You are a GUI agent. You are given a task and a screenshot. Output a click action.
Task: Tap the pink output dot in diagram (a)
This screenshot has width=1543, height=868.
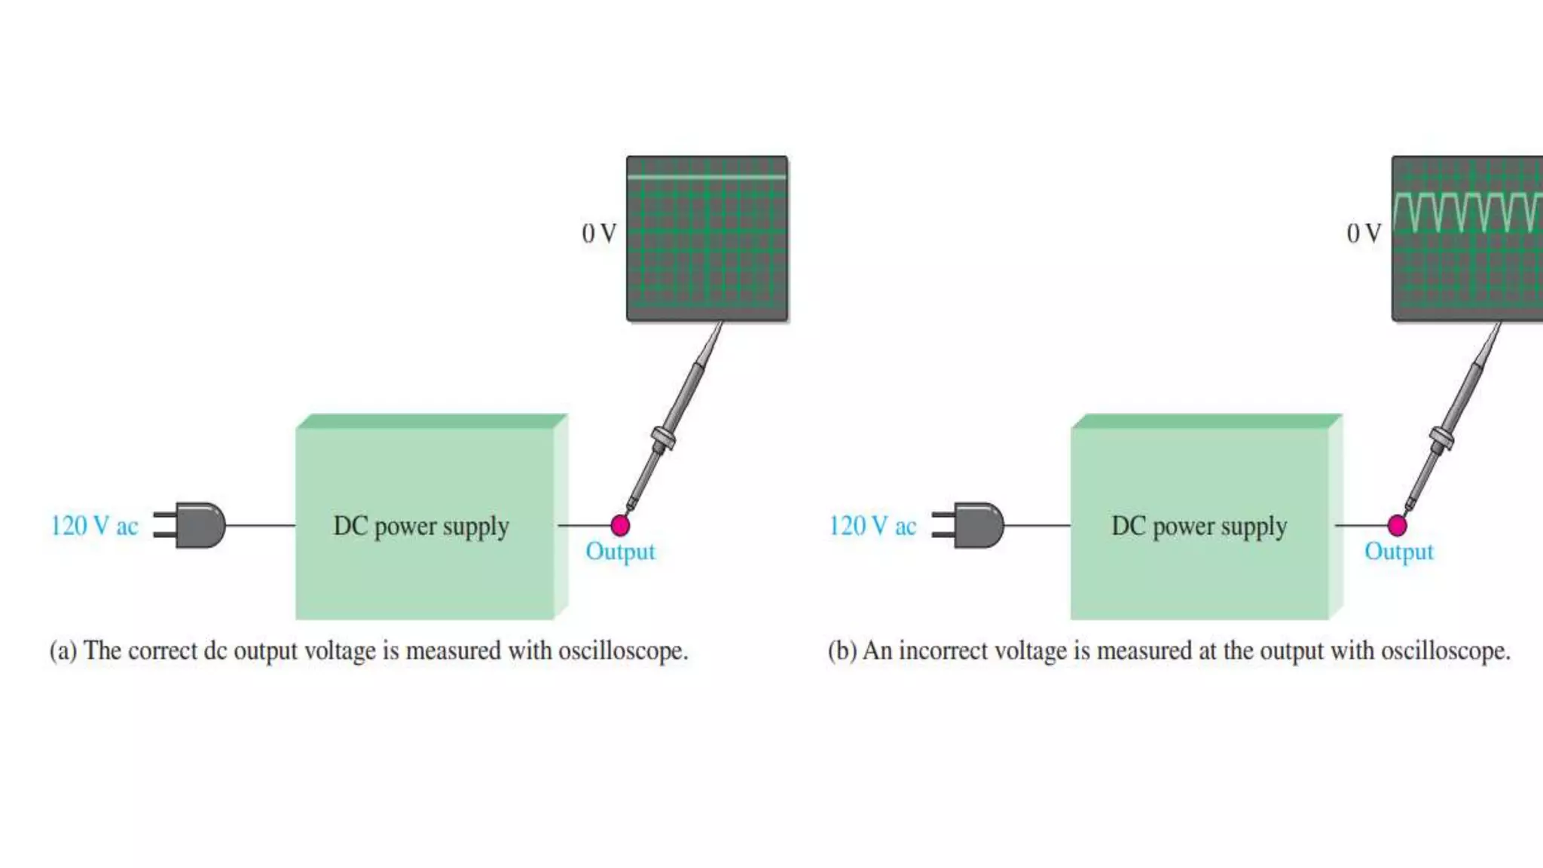620,525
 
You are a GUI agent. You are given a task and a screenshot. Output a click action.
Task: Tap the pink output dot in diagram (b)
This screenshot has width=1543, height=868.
1397,525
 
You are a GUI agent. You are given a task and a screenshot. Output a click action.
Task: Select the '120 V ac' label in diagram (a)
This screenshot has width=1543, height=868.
94,526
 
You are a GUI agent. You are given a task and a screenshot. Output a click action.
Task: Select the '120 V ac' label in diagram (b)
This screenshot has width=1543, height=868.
872,526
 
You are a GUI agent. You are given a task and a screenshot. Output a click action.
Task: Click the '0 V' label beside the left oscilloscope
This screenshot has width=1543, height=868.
599,234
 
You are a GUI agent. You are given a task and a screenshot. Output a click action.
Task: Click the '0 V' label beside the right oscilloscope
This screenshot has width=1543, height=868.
1364,234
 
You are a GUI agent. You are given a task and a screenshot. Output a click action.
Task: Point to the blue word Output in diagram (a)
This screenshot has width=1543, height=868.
620,552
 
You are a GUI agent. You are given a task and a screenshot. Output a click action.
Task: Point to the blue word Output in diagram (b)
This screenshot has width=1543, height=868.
1398,552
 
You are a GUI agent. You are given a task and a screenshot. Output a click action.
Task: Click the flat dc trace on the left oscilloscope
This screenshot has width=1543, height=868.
707,178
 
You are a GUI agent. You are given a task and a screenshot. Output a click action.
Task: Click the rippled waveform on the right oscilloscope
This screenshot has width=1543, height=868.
1465,211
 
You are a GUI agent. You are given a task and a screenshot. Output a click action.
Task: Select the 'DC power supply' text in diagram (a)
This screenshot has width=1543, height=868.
421,526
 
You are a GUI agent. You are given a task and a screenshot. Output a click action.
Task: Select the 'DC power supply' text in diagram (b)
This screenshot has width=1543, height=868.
1199,526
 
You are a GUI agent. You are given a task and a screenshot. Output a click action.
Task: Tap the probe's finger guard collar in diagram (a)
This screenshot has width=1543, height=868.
663,439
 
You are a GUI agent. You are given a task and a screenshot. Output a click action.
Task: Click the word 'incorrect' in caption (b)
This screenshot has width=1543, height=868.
943,651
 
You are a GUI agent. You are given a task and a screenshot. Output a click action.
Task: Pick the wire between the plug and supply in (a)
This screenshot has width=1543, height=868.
260,525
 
